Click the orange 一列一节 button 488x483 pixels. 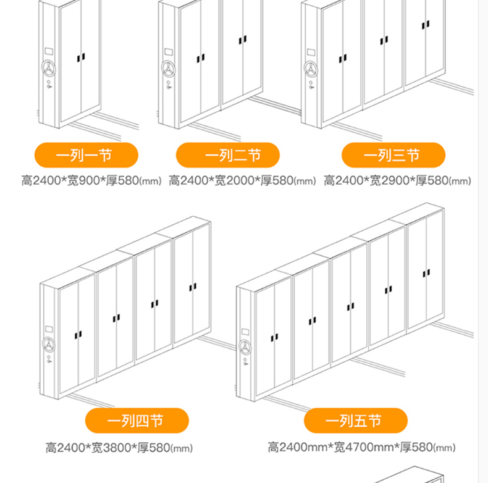[x=86, y=155]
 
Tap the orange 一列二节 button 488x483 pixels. [x=228, y=155]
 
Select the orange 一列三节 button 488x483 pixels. [x=393, y=155]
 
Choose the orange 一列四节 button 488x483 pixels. [x=137, y=421]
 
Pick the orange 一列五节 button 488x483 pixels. [x=356, y=421]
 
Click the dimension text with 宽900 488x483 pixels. [x=91, y=180]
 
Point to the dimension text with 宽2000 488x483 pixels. [x=242, y=180]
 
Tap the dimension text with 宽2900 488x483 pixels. [x=397, y=180]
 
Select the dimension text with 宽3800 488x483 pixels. [x=119, y=448]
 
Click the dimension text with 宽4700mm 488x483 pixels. [x=361, y=447]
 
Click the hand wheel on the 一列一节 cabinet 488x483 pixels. [x=49, y=68]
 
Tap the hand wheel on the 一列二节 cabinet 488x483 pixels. [x=169, y=69]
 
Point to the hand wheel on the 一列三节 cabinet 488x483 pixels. [x=311, y=69]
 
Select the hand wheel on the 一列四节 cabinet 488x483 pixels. [x=49, y=345]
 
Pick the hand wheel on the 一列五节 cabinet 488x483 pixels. [x=245, y=347]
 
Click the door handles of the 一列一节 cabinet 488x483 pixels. [x=81, y=58]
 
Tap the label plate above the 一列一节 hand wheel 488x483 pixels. [x=49, y=51]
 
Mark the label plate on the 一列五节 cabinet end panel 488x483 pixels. [x=245, y=332]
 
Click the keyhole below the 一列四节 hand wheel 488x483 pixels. [x=49, y=359]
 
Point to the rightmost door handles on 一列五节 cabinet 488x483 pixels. [x=426, y=273]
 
